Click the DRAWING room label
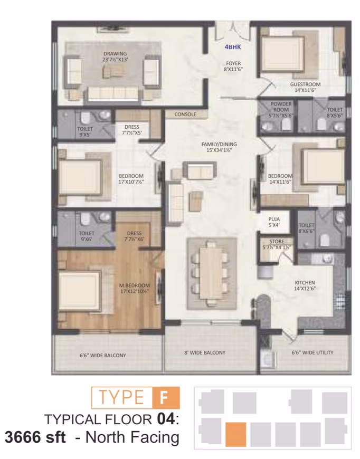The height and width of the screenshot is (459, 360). coord(115,54)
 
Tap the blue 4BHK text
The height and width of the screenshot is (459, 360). coord(233,47)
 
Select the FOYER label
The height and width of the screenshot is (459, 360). coord(233,63)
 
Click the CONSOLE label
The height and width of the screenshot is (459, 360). coord(185,114)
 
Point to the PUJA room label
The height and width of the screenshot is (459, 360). coord(274,219)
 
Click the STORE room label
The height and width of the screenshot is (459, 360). coord(277,242)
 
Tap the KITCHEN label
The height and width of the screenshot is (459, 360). coord(305,282)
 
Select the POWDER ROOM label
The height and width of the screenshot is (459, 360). coord(281,107)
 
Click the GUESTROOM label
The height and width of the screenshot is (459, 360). coord(305,84)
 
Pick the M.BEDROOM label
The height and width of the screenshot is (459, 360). coord(135,285)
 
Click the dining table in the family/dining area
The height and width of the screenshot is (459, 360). coord(212,273)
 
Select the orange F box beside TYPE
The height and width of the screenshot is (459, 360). coord(166,397)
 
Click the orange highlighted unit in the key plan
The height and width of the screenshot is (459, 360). coord(236,434)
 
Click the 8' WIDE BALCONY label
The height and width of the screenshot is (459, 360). coord(205,353)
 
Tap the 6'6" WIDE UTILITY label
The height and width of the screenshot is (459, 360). coord(312,352)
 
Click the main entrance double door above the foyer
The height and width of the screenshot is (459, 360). coord(233,31)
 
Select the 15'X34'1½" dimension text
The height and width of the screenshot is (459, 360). coord(219,150)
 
